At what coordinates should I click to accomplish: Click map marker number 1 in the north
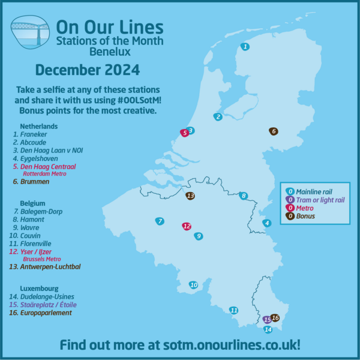click(x=245, y=46)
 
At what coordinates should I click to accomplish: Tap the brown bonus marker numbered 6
click(x=274, y=131)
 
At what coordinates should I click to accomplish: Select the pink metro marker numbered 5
click(x=185, y=133)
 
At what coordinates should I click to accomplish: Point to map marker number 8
click(x=243, y=196)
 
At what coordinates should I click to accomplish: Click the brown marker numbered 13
click(x=190, y=196)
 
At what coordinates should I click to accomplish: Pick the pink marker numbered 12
click(x=187, y=226)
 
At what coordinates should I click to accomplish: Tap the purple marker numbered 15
click(x=267, y=320)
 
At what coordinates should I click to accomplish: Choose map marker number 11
click(x=234, y=310)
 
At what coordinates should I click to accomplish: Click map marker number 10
click(x=193, y=285)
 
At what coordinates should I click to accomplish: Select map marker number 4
click(x=267, y=223)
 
